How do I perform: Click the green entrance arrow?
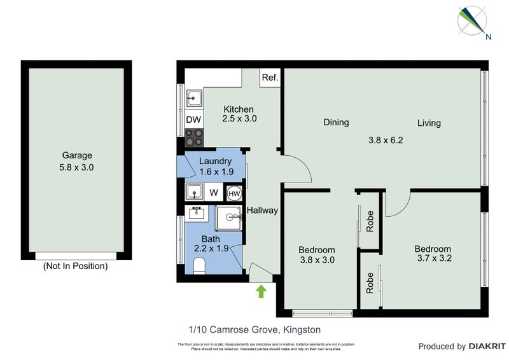(260, 291)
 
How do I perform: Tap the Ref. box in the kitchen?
(270, 78)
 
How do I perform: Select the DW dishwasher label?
(193, 120)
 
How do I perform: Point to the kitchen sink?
(193, 99)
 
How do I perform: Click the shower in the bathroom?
(229, 218)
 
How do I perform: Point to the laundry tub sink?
(193, 191)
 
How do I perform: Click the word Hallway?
(262, 211)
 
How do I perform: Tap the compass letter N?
(488, 37)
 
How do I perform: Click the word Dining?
(335, 122)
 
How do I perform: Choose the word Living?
(429, 123)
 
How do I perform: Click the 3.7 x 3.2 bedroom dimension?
(433, 259)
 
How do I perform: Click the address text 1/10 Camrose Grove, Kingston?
(254, 329)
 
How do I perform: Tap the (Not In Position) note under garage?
(75, 267)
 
